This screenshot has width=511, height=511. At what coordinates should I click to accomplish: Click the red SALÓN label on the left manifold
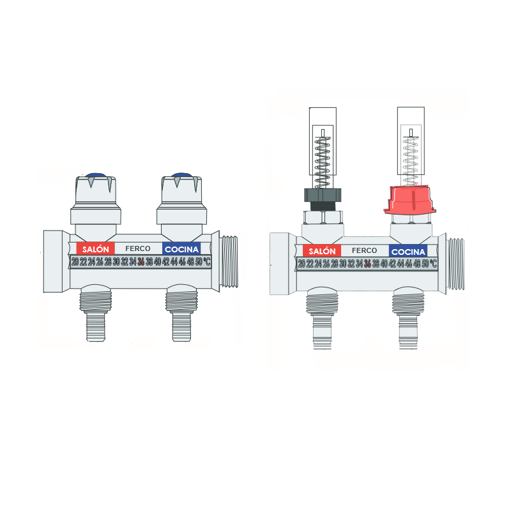pos(95,248)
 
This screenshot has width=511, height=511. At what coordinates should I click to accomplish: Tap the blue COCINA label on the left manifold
pos(181,248)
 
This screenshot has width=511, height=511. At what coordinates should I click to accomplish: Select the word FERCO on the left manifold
pos(138,248)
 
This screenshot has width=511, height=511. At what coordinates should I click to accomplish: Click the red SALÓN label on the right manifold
pos(322,251)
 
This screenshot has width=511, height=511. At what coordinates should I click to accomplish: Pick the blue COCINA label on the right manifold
pos(408,252)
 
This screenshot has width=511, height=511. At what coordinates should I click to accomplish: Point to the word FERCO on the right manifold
pos(364,251)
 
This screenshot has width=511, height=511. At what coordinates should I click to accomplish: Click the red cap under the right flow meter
pos(409,200)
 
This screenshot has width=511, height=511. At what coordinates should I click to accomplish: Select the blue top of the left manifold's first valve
pos(96,174)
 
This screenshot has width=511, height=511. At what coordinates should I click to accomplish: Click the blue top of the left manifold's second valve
pos(182,174)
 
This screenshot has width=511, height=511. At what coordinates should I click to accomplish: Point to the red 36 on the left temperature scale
pos(141,261)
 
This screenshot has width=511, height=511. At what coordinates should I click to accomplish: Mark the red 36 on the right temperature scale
pos(368,263)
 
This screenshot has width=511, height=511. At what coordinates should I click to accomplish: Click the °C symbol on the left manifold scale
pos(206,261)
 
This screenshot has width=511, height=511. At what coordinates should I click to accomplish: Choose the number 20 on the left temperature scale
pos(75,261)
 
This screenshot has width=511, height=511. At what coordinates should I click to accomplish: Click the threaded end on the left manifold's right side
pos(229,261)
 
